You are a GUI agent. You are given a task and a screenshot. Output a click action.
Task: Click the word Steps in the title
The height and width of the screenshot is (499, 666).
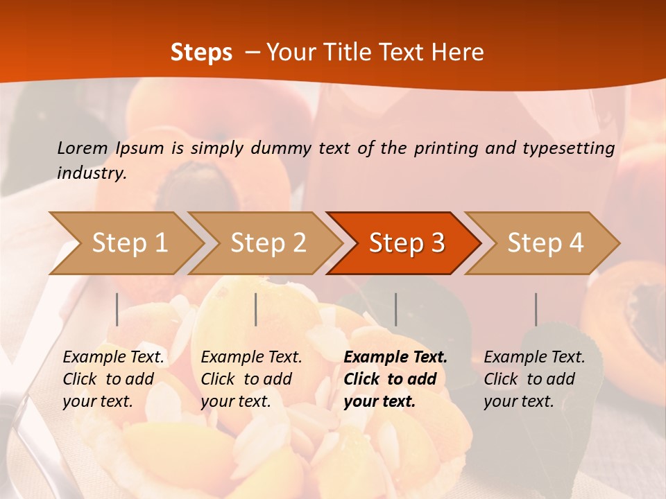[x=201, y=52]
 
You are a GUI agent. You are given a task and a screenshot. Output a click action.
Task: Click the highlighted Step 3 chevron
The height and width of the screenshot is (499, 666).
[x=407, y=243]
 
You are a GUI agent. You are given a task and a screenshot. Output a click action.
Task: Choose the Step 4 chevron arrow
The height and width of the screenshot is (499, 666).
[x=545, y=243]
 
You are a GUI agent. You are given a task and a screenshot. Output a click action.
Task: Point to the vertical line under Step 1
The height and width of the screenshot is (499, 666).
[x=117, y=309]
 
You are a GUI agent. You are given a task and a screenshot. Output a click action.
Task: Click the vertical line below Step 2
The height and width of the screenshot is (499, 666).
[x=256, y=309]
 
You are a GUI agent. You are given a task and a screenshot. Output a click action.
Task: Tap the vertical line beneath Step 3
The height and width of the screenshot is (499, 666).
[x=395, y=309]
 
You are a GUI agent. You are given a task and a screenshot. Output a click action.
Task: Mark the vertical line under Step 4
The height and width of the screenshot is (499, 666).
[x=536, y=309]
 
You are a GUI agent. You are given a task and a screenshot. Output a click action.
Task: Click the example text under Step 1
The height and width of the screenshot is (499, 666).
[x=113, y=379]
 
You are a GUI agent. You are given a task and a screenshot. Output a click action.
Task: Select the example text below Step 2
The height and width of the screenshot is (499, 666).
[x=251, y=379]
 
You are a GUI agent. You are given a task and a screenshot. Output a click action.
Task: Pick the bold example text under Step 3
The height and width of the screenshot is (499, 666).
[x=395, y=379]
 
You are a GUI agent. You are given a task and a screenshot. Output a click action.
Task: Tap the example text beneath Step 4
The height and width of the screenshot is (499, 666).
[x=534, y=379]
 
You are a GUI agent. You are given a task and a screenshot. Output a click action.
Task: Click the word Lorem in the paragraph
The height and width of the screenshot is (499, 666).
[x=82, y=148]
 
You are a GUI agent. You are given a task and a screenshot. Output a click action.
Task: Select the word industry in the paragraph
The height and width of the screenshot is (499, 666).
[x=92, y=173]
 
